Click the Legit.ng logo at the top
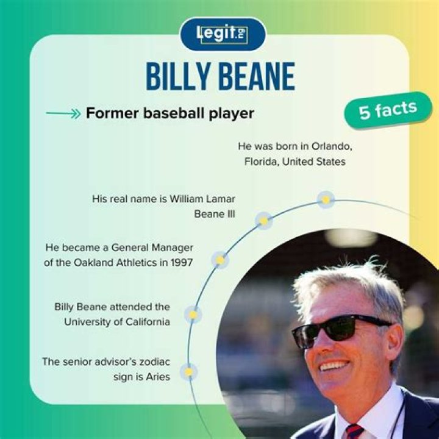[x=223, y=34]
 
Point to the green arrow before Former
[x=63, y=114]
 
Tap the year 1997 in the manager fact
[x=180, y=263]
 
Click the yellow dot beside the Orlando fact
[x=326, y=199]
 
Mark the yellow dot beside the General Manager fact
[x=220, y=260]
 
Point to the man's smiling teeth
[x=335, y=366]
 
